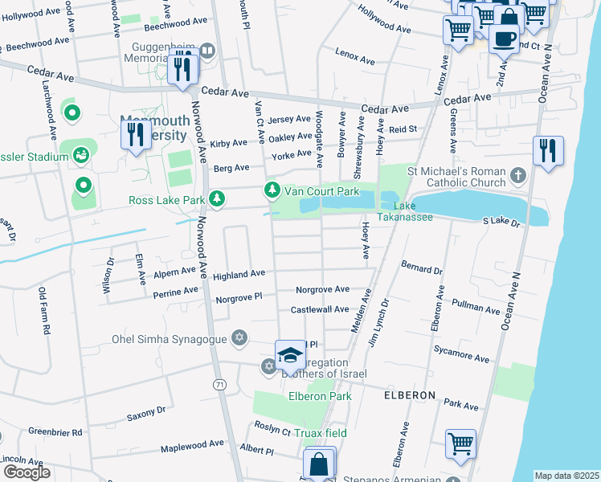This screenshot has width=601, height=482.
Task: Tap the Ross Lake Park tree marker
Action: [x=216, y=198]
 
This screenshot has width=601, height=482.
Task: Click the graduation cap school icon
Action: [x=290, y=355]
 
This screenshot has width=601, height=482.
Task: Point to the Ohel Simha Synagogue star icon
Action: [x=239, y=338]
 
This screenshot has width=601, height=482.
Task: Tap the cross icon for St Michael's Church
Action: [x=518, y=174]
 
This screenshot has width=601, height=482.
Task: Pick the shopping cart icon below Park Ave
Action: [x=461, y=443]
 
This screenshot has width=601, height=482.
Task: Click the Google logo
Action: [x=27, y=472]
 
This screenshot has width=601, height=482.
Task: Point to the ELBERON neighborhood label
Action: [x=409, y=396]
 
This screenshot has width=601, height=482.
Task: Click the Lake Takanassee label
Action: [x=415, y=211]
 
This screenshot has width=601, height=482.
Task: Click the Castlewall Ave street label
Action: [x=320, y=309]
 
